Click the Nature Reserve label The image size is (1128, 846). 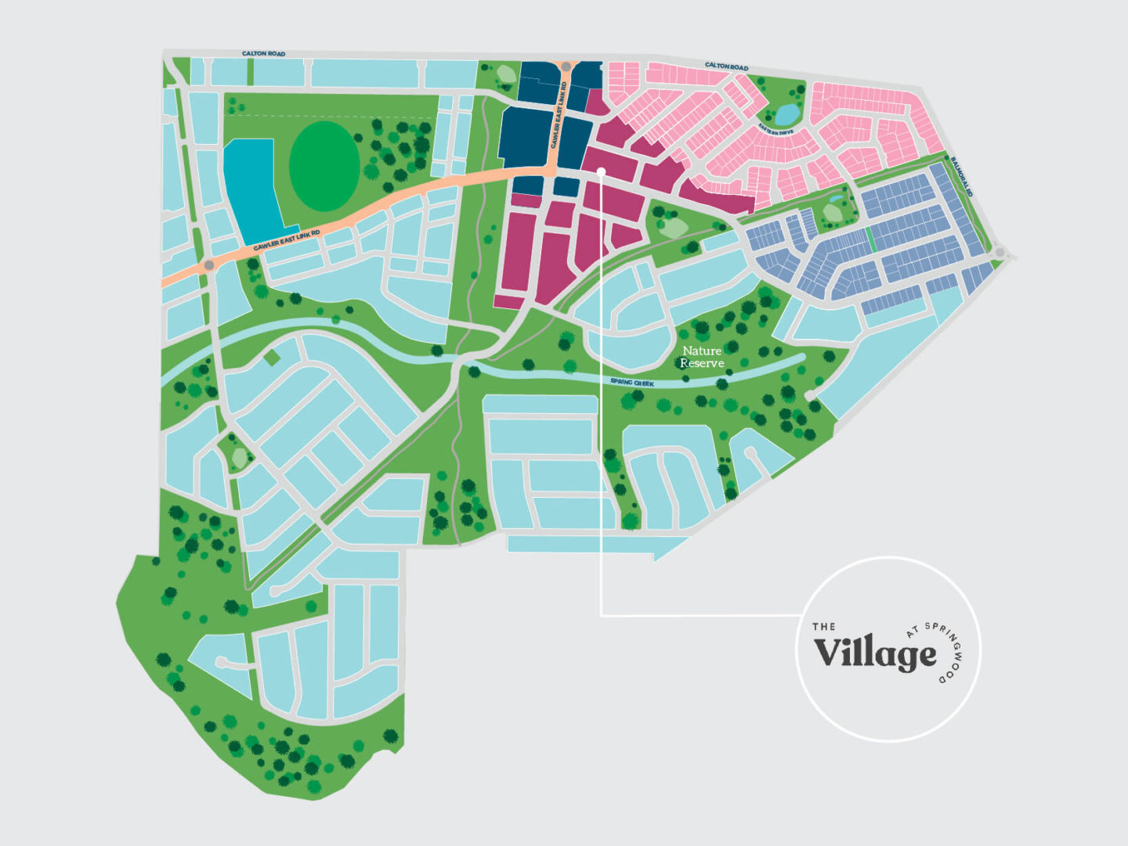point(701,357)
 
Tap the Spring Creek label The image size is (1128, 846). point(631,383)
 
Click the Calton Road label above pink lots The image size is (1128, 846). point(726,67)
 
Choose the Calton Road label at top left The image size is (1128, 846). point(263,53)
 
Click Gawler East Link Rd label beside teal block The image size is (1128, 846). point(287,240)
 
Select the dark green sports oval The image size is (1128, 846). point(324,166)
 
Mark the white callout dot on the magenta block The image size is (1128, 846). point(601,170)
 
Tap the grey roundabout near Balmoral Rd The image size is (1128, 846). point(1000,252)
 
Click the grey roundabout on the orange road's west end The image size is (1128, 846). point(209,266)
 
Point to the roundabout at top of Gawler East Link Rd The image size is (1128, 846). point(566,67)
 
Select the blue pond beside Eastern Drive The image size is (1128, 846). point(786,114)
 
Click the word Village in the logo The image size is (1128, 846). point(874,653)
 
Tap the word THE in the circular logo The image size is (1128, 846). point(823,626)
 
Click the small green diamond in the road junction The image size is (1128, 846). point(272,358)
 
